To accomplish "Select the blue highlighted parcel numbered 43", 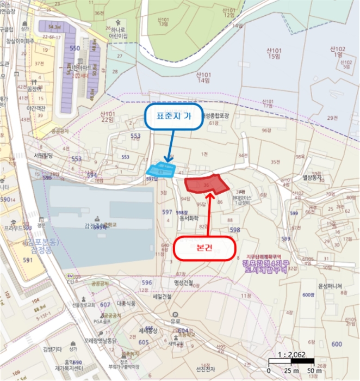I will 161,170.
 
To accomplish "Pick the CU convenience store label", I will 70,282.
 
